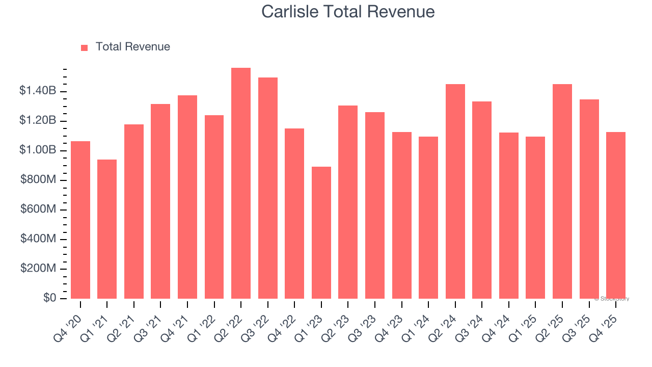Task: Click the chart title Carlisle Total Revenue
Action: pos(348,11)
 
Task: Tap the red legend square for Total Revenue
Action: pos(85,47)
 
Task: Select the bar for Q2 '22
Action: pos(241,183)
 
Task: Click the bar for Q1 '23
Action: pos(321,232)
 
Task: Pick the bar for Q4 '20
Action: pos(80,220)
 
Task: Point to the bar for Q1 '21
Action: pos(107,229)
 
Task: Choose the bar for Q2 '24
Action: pos(455,191)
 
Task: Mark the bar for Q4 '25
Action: pos(616,215)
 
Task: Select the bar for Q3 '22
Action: pos(268,188)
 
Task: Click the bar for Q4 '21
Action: pos(187,197)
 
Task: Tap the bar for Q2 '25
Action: pos(562,191)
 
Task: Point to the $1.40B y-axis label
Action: pos(38,91)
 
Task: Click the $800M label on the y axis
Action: pos(38,180)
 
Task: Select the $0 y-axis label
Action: pos(49,298)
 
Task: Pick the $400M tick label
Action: pos(38,239)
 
